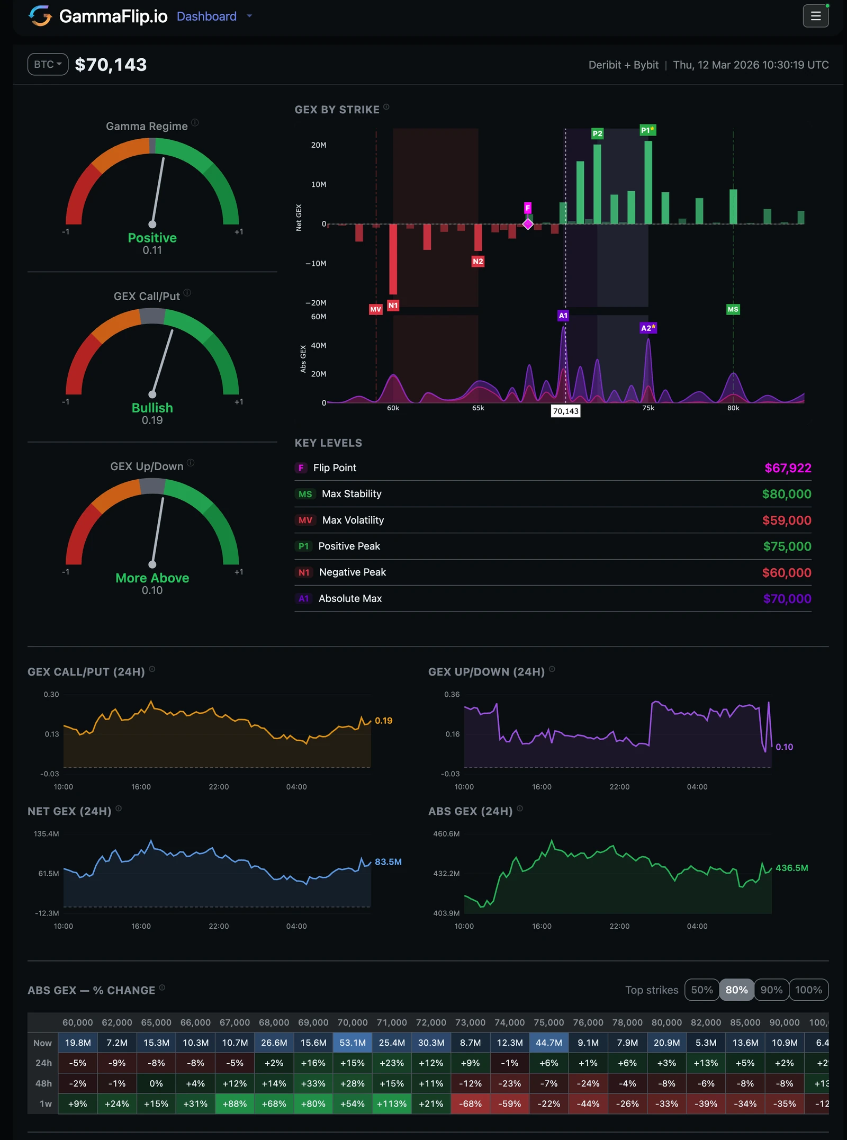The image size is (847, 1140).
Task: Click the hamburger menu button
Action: tap(815, 16)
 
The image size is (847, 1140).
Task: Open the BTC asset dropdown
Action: tap(48, 65)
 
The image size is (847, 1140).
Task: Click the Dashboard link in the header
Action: tap(206, 16)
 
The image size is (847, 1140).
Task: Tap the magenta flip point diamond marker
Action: tap(528, 224)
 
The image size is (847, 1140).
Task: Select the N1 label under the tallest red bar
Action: tap(393, 306)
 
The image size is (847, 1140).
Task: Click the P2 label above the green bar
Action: tap(597, 133)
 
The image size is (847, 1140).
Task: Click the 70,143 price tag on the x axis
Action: tap(565, 411)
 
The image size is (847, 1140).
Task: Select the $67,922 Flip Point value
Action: tap(787, 468)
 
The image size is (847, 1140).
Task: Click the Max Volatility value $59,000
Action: tap(786, 520)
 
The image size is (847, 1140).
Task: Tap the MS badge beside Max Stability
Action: tap(305, 494)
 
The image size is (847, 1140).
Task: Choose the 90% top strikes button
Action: tap(771, 990)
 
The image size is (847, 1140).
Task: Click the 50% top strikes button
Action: tap(701, 990)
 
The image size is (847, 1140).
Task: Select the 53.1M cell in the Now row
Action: tap(353, 1043)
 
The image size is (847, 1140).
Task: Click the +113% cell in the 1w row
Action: tap(392, 1103)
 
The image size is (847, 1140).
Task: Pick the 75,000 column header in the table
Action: tap(548, 1022)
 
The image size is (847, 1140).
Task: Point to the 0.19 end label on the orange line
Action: tap(383, 721)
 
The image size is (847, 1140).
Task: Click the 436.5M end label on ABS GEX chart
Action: tap(791, 868)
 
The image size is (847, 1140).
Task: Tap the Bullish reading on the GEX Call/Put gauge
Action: tap(152, 408)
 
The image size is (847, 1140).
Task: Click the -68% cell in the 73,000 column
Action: tap(470, 1103)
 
